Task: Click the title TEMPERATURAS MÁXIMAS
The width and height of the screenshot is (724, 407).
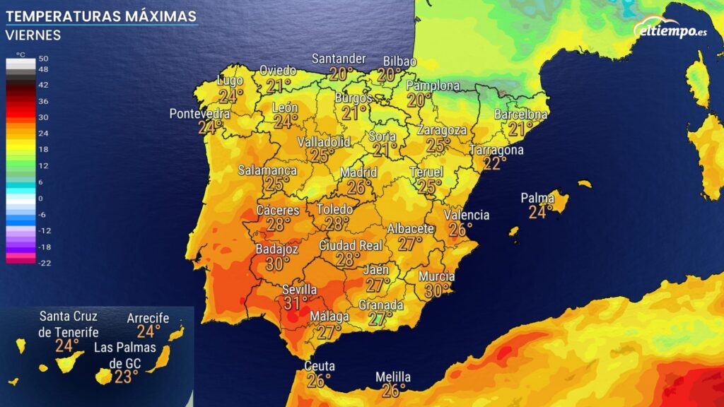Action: click(x=101, y=16)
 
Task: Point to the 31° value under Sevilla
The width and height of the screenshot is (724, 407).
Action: click(x=296, y=303)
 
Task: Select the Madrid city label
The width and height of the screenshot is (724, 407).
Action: click(x=358, y=172)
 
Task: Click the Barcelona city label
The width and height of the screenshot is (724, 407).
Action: click(x=520, y=114)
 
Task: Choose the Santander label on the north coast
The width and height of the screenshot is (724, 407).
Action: click(x=339, y=59)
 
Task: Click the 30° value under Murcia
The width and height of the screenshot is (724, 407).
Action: click(x=437, y=290)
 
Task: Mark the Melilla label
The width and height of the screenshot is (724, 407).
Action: click(x=393, y=377)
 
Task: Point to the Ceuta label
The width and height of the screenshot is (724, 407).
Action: click(x=320, y=366)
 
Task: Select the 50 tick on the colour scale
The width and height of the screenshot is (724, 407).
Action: click(x=43, y=59)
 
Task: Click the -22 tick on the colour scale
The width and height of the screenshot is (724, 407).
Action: click(x=45, y=263)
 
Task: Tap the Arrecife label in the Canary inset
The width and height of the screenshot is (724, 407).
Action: click(x=148, y=318)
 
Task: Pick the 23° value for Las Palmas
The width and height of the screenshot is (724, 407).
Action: click(x=126, y=377)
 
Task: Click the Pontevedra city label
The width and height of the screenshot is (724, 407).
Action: click(x=199, y=114)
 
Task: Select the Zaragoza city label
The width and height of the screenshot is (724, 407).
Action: click(x=442, y=130)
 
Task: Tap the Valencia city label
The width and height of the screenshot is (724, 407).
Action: click(x=467, y=215)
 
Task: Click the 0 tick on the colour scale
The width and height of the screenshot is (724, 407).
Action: click(x=41, y=199)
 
